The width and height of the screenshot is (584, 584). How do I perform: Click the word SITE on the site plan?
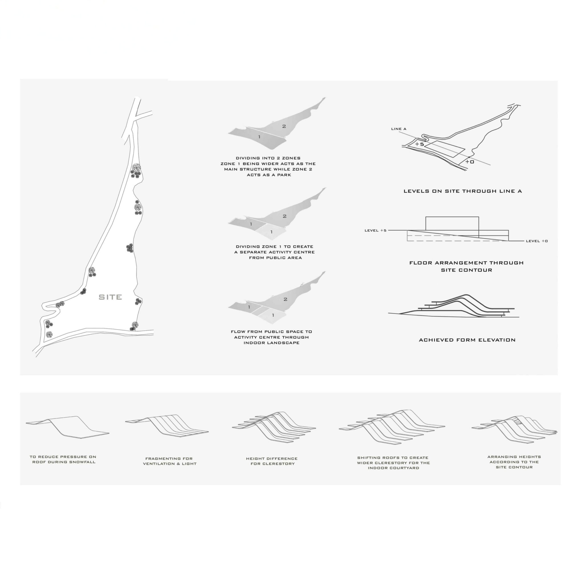(x=110, y=297)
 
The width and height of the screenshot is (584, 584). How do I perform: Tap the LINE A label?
(x=399, y=129)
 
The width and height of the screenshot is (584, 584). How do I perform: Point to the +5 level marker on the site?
(x=419, y=144)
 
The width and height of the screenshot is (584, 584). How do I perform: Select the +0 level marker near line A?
(x=470, y=162)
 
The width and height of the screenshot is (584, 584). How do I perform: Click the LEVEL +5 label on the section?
(x=376, y=230)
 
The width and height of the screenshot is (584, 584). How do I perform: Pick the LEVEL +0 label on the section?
(x=537, y=241)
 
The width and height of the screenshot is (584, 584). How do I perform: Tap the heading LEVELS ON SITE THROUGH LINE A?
(x=463, y=191)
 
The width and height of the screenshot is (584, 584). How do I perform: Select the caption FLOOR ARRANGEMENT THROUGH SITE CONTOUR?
(x=467, y=266)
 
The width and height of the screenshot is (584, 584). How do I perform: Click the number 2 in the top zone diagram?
(x=284, y=126)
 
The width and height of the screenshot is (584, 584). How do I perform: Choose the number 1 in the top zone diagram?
(x=259, y=137)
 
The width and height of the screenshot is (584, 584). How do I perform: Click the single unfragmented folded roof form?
(x=67, y=427)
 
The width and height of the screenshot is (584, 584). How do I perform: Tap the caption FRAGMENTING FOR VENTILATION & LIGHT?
(x=170, y=461)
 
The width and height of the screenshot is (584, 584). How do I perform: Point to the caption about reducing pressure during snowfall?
(x=63, y=459)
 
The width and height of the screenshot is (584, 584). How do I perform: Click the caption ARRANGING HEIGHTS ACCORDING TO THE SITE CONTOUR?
(x=514, y=462)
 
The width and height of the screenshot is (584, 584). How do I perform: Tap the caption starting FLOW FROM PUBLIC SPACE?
(x=271, y=337)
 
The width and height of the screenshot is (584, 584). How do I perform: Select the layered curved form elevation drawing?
(x=453, y=306)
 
